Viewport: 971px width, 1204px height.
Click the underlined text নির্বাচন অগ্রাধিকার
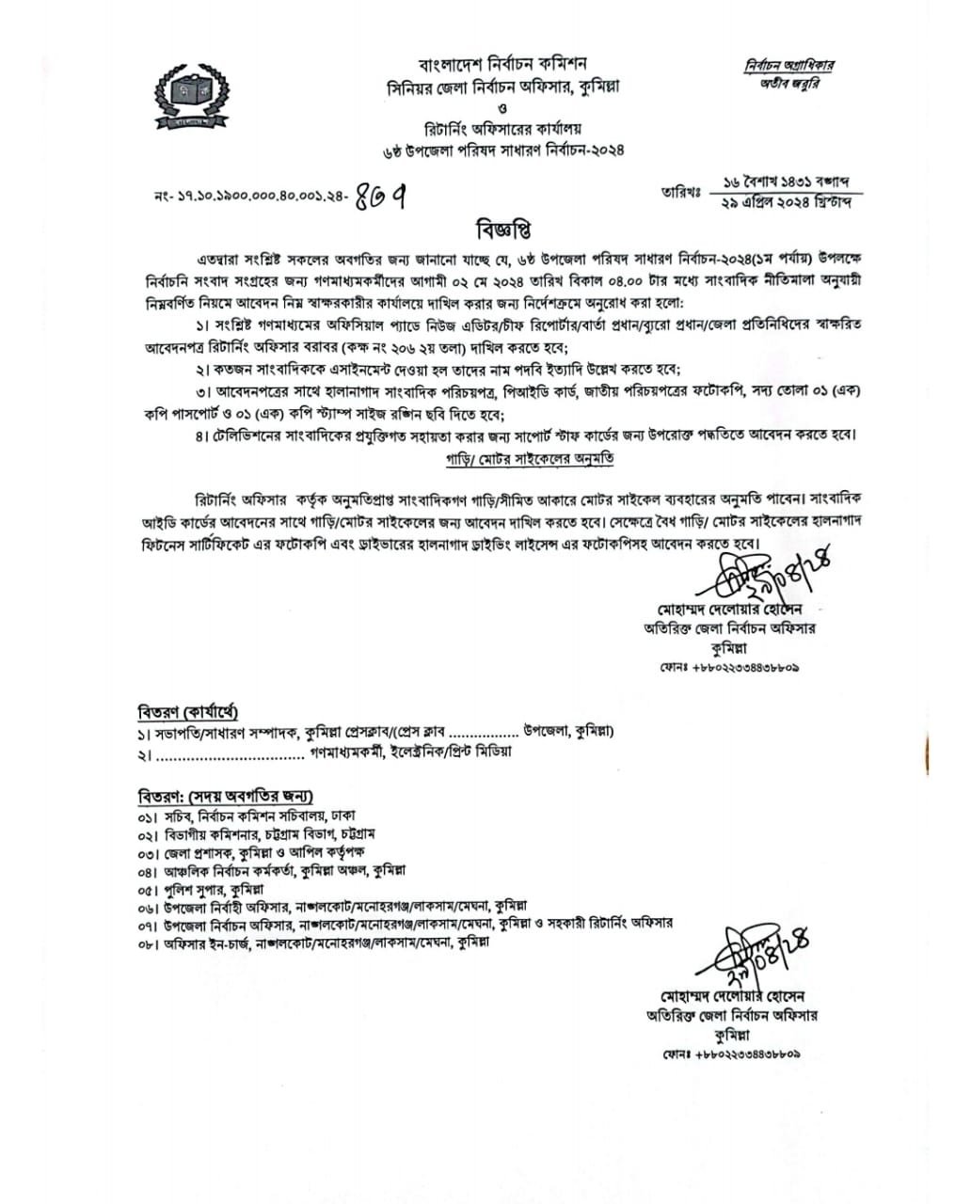(x=788, y=66)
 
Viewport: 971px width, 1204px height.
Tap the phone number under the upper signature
(x=730, y=667)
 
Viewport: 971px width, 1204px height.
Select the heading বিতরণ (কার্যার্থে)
(x=188, y=711)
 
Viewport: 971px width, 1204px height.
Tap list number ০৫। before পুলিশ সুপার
(x=147, y=889)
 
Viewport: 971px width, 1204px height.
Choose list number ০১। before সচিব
(x=147, y=816)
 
